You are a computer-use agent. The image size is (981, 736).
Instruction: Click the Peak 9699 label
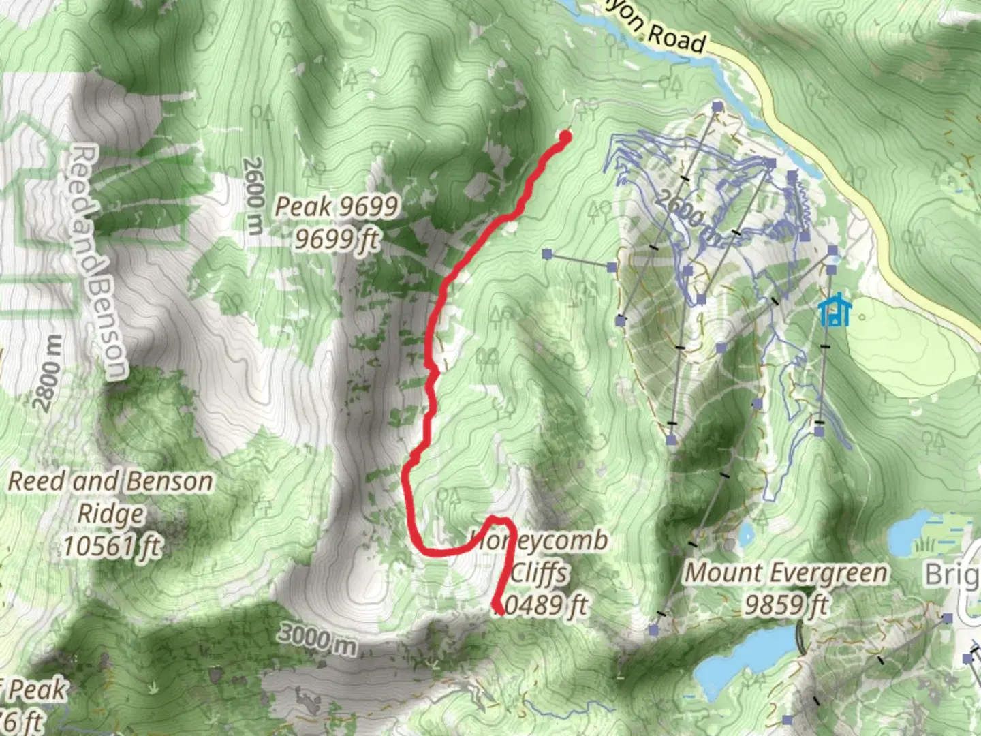click(336, 206)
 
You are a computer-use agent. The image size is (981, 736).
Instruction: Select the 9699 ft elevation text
click(336, 239)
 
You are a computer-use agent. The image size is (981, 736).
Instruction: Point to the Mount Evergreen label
click(786, 572)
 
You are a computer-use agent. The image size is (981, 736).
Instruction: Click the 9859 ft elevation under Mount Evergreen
click(786, 605)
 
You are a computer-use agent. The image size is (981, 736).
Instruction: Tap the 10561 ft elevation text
click(112, 546)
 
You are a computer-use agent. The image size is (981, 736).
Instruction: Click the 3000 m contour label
click(317, 639)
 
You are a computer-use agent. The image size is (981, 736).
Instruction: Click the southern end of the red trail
click(501, 612)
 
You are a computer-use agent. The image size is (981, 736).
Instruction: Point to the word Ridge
click(111, 513)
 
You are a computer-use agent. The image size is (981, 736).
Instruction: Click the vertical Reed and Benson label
click(98, 261)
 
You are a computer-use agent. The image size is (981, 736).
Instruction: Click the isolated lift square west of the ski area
click(547, 255)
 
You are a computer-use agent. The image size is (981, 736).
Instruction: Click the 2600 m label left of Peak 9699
click(253, 196)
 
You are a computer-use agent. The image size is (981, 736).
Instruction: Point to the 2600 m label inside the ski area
click(688, 217)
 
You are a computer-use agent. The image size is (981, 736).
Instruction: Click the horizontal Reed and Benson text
click(110, 482)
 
